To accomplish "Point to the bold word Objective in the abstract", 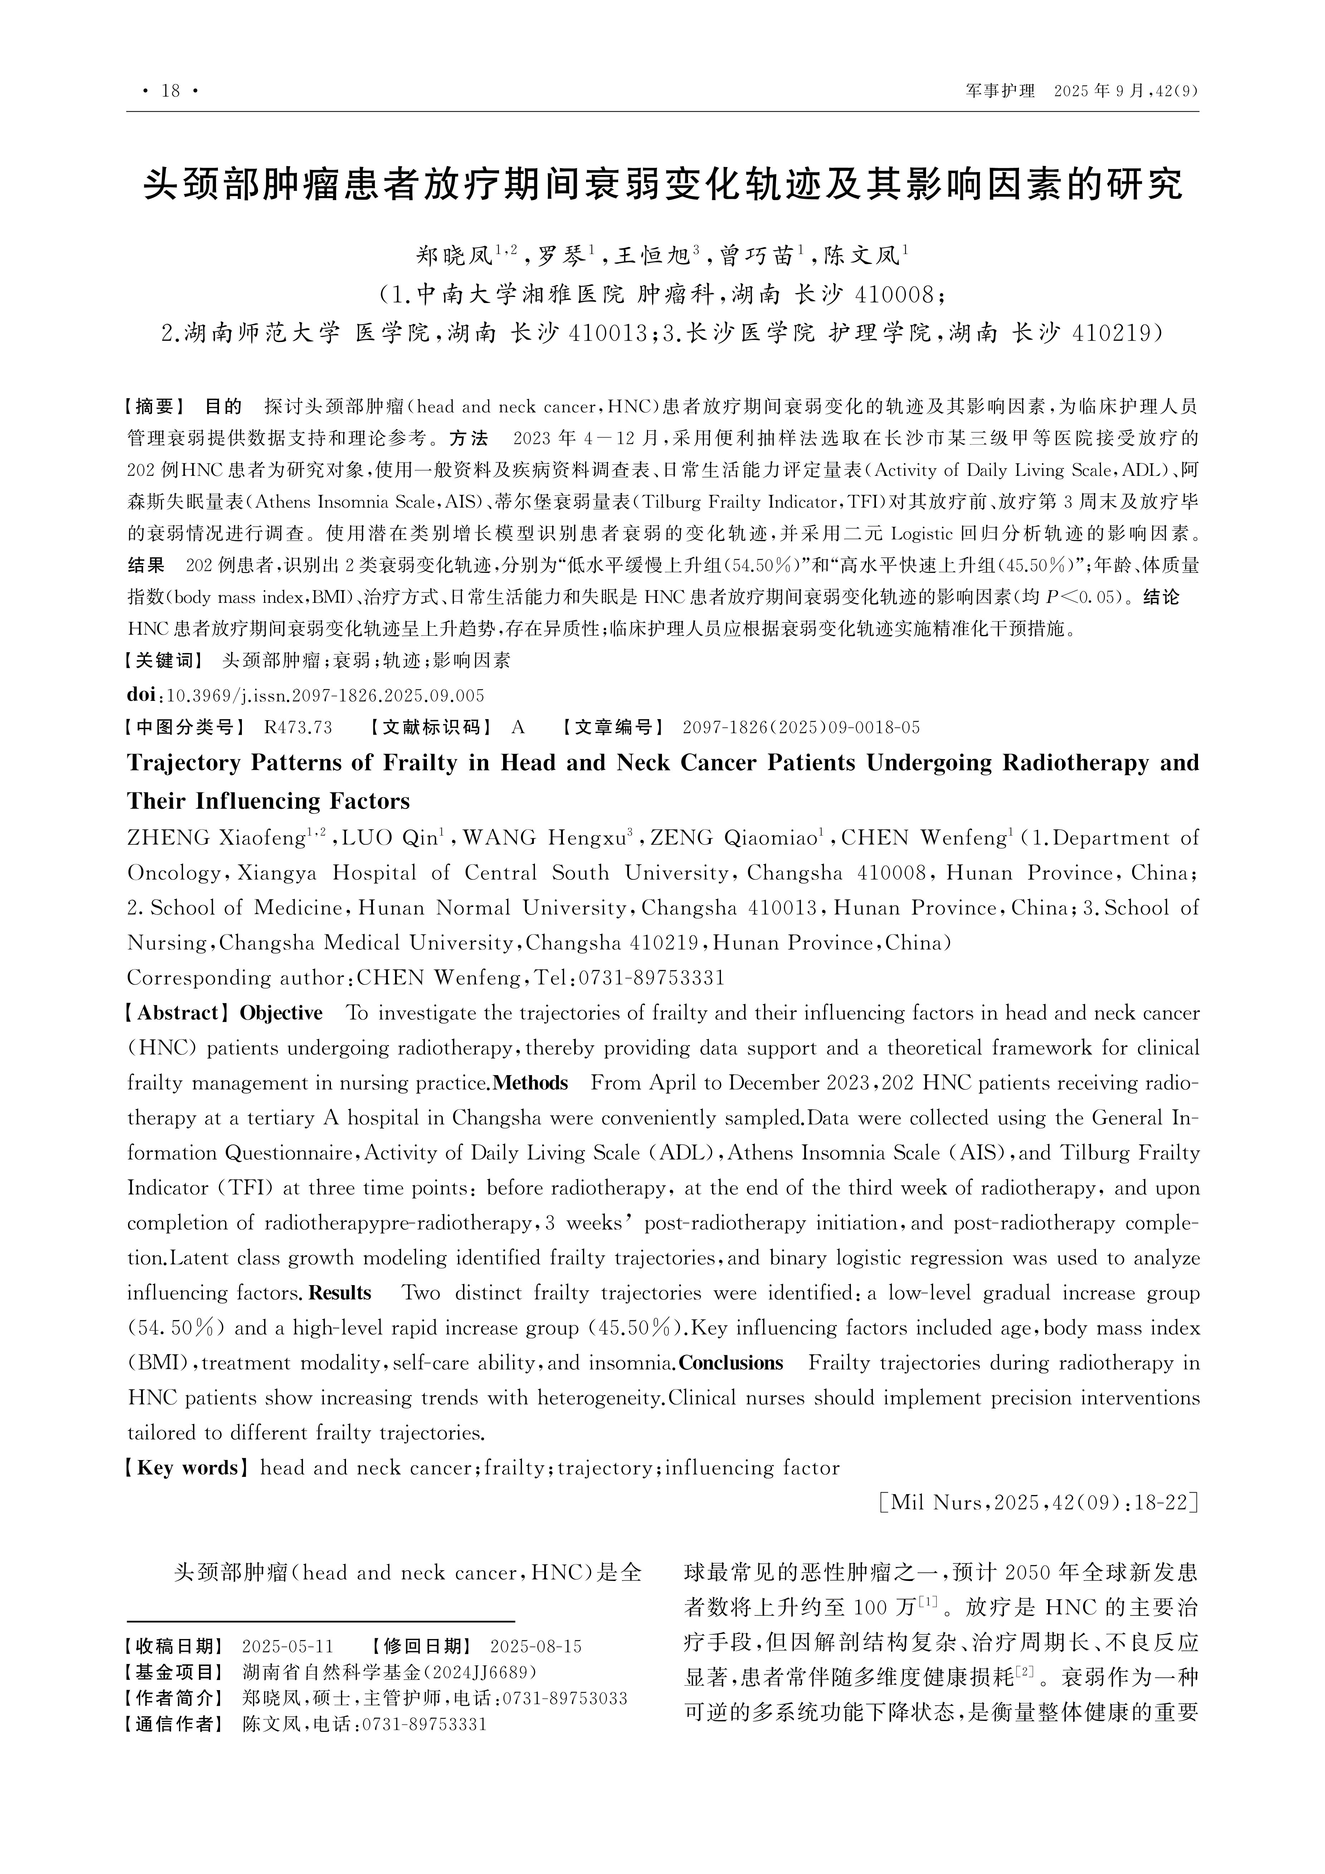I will (x=281, y=1013).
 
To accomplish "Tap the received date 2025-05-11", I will (x=287, y=1646).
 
